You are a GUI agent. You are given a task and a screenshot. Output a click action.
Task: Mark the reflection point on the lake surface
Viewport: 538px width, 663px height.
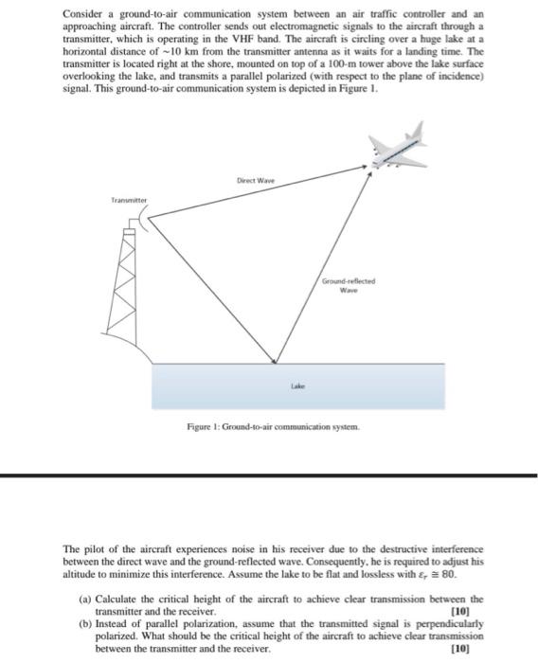click(276, 363)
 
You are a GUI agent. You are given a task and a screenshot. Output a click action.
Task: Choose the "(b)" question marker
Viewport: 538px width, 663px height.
click(86, 625)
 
